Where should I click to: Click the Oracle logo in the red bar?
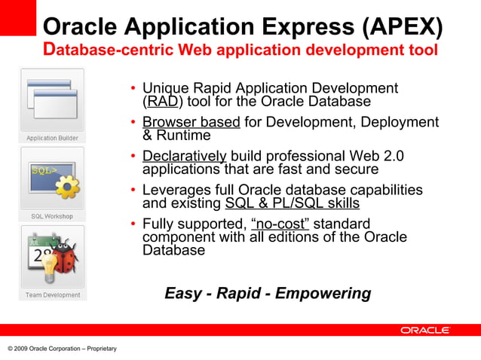pyautogui.click(x=424, y=330)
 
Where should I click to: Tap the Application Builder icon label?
pyautogui.click(x=52, y=138)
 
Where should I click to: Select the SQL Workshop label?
pyautogui.click(x=52, y=216)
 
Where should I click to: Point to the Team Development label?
pyautogui.click(x=52, y=294)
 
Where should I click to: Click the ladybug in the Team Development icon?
pyautogui.click(x=66, y=255)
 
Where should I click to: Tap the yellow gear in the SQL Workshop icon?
pyautogui.click(x=68, y=185)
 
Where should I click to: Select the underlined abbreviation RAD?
pyautogui.click(x=164, y=102)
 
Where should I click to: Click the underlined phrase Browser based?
pyautogui.click(x=191, y=122)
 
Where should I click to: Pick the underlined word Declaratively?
pyautogui.click(x=184, y=156)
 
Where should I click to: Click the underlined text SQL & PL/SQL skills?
pyautogui.click(x=292, y=203)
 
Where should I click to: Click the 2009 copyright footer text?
pyautogui.click(x=62, y=348)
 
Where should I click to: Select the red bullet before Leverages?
pyautogui.click(x=133, y=191)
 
